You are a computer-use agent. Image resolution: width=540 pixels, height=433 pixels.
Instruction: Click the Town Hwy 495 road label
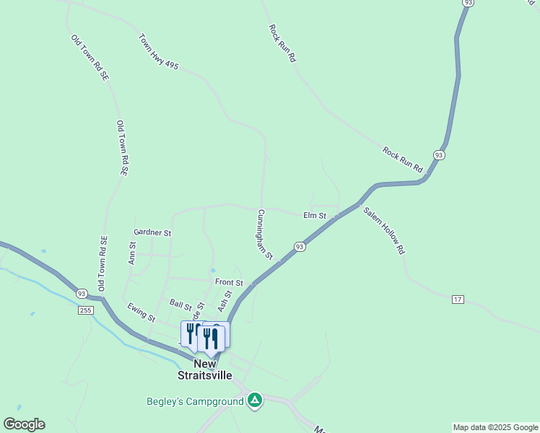tap(159, 52)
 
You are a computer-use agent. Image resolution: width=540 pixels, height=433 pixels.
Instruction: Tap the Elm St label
tap(315, 215)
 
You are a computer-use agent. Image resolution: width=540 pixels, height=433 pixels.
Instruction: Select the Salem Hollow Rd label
tap(383, 231)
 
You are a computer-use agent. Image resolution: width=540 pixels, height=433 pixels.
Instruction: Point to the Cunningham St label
tap(264, 235)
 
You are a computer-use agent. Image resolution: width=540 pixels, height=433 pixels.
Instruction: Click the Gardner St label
tap(152, 233)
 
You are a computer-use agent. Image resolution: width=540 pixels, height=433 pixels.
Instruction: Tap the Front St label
tap(229, 282)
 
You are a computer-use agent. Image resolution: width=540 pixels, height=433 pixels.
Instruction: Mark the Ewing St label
tap(141, 312)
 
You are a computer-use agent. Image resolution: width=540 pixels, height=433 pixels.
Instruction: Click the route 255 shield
tap(86, 310)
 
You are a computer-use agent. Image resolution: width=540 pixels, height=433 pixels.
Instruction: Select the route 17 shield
tap(457, 299)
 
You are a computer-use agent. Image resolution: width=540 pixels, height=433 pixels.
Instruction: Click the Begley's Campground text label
tap(195, 401)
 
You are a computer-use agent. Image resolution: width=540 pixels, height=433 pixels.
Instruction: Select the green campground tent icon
tap(254, 401)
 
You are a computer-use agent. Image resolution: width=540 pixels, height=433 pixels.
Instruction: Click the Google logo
tap(24, 424)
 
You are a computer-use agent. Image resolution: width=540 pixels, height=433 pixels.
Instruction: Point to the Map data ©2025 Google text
tap(495, 427)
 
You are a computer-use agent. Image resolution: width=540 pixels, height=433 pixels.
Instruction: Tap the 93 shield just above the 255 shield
tap(82, 294)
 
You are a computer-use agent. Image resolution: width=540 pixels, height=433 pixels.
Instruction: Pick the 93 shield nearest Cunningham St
tap(300, 247)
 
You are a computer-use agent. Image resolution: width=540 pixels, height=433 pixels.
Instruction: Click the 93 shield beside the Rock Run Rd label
tap(439, 155)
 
